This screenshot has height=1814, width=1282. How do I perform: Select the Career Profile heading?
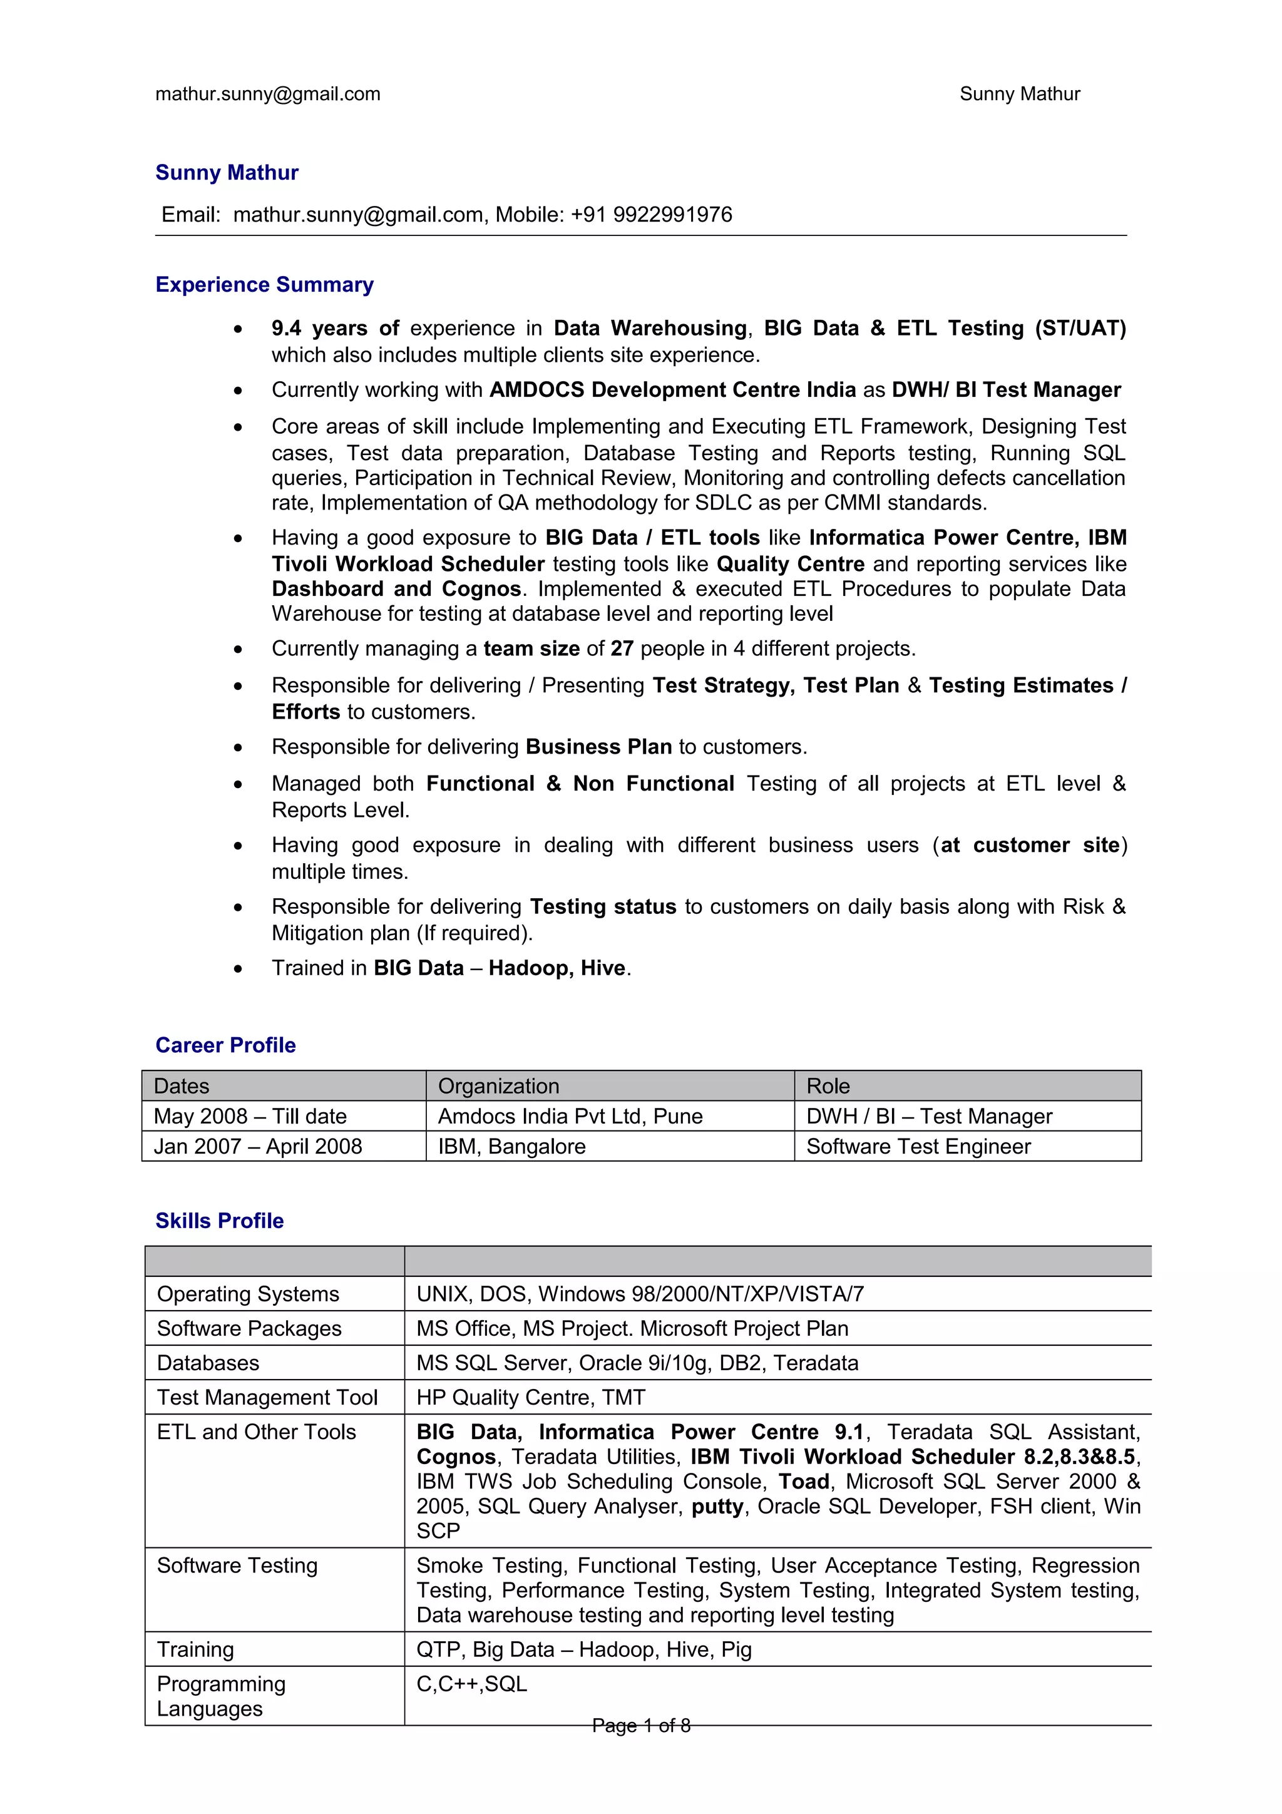tap(225, 1045)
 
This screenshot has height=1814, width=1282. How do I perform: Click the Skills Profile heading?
tap(219, 1221)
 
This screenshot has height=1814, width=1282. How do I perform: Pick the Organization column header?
tap(498, 1087)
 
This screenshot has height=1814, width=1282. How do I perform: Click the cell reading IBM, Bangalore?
tap(512, 1146)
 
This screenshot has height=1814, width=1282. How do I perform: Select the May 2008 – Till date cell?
tap(250, 1116)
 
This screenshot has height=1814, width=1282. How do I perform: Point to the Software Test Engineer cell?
tap(918, 1146)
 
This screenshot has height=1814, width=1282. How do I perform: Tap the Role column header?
tap(828, 1087)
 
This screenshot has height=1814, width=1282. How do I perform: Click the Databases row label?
tap(208, 1363)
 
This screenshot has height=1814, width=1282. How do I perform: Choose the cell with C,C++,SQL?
tap(471, 1684)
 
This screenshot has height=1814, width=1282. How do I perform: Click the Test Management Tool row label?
tap(267, 1398)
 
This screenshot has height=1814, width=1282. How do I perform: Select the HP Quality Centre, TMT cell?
tap(531, 1398)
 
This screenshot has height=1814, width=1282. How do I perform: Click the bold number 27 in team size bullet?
tap(622, 648)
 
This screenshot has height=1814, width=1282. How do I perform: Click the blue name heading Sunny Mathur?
tap(227, 172)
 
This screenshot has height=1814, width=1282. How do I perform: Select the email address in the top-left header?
tap(268, 94)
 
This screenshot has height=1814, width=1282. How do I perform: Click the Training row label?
tap(195, 1649)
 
